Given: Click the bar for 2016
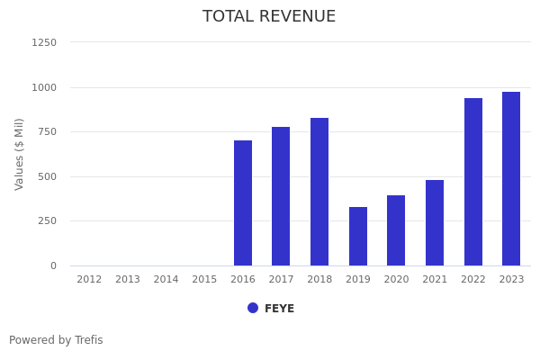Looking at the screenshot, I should coord(243,202).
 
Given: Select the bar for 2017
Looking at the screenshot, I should coord(281,196).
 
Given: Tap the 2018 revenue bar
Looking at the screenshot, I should coord(319,192).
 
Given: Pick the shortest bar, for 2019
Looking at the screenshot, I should coord(358,236).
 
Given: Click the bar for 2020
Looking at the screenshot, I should coord(396,230).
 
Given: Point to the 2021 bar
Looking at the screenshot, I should coord(435,222).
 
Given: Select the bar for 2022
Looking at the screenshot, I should coord(473,182).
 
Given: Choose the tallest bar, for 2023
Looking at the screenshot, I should coord(511,178).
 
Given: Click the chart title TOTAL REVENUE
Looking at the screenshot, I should coord(269,17).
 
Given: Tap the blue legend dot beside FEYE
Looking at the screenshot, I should coord(253,308).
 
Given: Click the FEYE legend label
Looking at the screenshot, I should coord(279,309).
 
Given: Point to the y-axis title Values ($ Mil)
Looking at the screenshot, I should coord(20,154).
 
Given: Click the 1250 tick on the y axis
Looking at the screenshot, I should coord(44,42).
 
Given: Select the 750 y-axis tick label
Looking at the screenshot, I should coord(47,131).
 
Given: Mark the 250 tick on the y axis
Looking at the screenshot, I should coord(47,220).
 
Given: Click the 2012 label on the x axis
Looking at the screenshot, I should coord(89,280).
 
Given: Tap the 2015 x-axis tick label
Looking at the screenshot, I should coord(204,280).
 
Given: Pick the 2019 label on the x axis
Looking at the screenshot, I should coord(358,280).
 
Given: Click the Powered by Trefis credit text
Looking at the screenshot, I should coord(56,340).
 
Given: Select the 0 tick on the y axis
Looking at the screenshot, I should coord(53,265).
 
